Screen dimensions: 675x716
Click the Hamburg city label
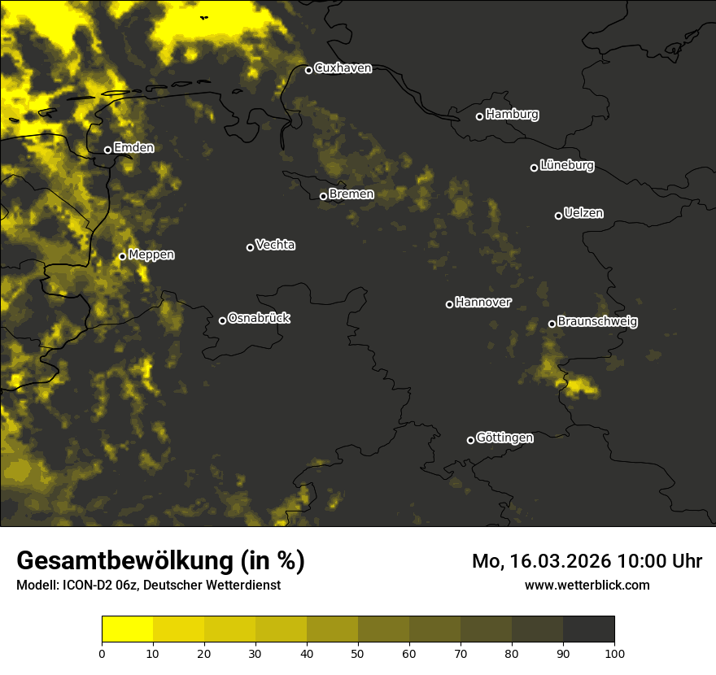pyautogui.click(x=512, y=115)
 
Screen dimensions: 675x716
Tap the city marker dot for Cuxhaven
pyautogui.click(x=308, y=70)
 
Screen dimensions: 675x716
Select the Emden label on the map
pyautogui.click(x=133, y=148)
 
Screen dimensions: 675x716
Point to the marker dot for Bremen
pyautogui.click(x=323, y=196)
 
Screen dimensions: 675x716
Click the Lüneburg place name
pyautogui.click(x=566, y=166)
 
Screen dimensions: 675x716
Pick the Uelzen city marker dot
pyautogui.click(x=558, y=216)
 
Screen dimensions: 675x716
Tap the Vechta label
pyautogui.click(x=275, y=245)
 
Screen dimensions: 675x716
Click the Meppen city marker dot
pyautogui.click(x=122, y=256)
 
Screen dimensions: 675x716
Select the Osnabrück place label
pyautogui.click(x=259, y=318)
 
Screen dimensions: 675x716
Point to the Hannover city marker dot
pyautogui.click(x=449, y=304)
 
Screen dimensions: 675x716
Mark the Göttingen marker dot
pyautogui.click(x=470, y=440)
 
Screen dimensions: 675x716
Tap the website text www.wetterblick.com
pyautogui.click(x=587, y=585)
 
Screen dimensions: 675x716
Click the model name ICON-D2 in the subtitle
pyautogui.click(x=85, y=586)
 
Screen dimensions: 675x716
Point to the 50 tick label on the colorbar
pyautogui.click(x=358, y=652)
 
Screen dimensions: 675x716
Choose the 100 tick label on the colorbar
pyautogui.click(x=614, y=652)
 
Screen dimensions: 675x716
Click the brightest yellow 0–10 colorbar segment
pyautogui.click(x=127, y=629)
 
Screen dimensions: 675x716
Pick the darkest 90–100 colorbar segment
pyautogui.click(x=588, y=629)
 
